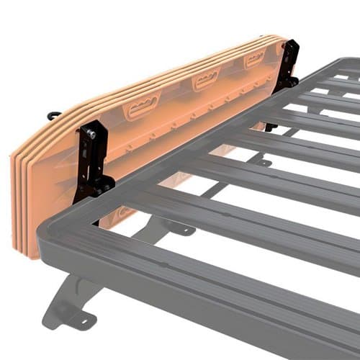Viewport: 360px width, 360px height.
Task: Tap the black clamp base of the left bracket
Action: coord(94,189)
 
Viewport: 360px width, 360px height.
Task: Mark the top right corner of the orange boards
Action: coord(277,37)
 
